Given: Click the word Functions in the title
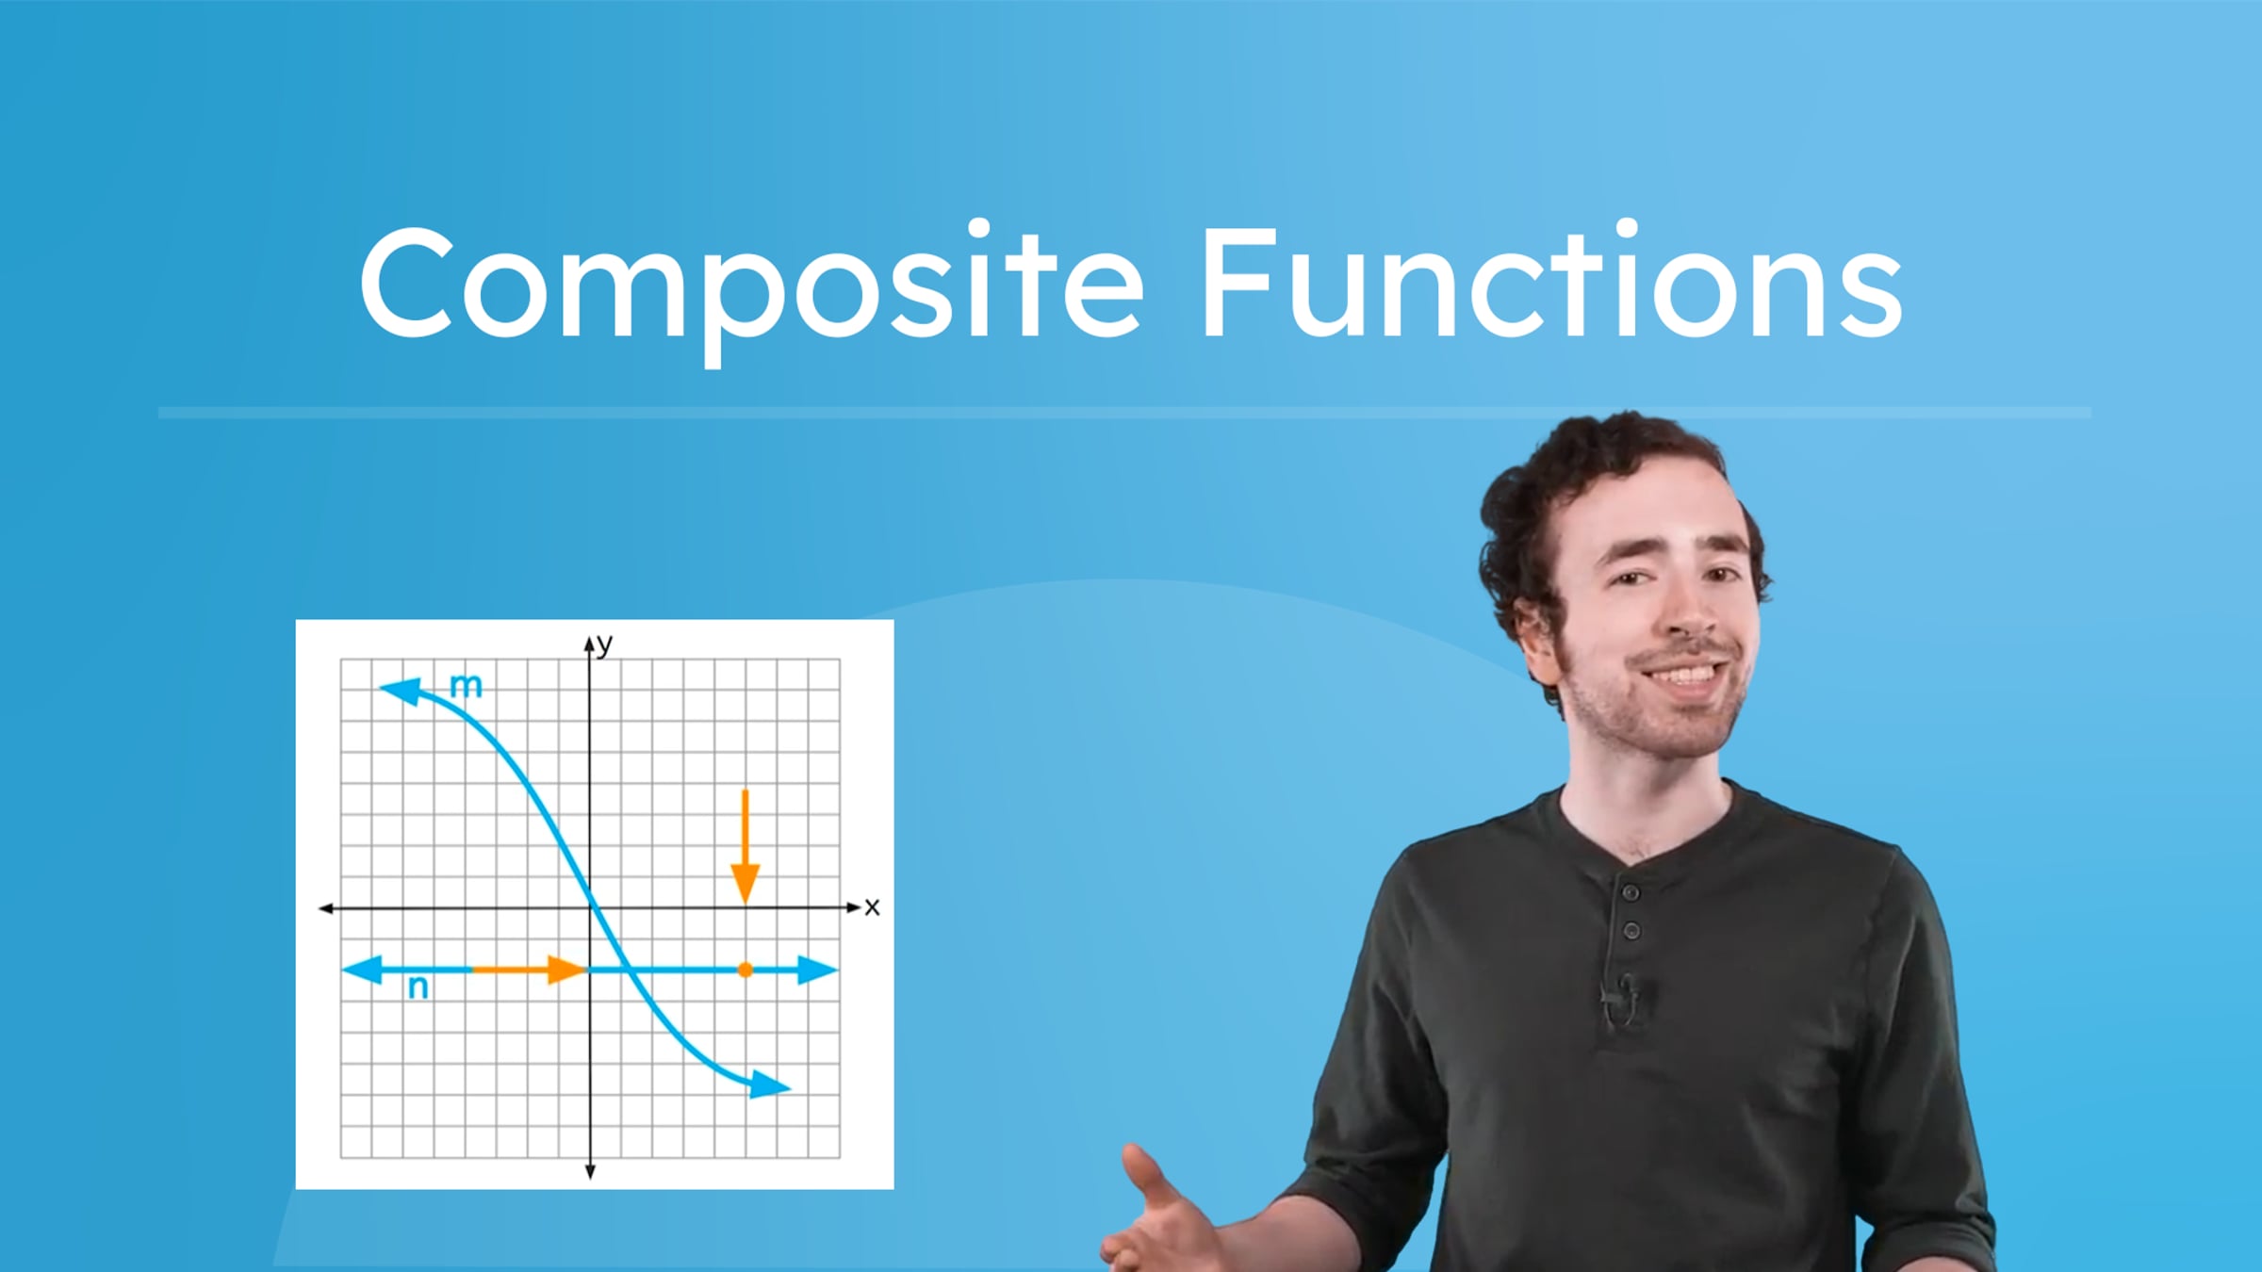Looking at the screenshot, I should tap(1550, 283).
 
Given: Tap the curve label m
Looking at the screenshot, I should tap(466, 685).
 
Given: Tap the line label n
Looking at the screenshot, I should tap(418, 987).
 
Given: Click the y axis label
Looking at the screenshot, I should tap(604, 644).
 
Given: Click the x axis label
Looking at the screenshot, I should tap(872, 906).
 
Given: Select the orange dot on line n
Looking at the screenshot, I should tap(745, 969).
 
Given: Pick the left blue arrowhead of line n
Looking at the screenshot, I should tap(362, 969).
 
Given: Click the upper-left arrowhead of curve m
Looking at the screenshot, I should tap(400, 691).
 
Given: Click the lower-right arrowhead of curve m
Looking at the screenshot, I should tap(769, 1085).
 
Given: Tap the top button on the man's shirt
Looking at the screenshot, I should tap(1630, 890).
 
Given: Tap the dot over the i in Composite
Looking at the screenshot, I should tap(978, 229).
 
